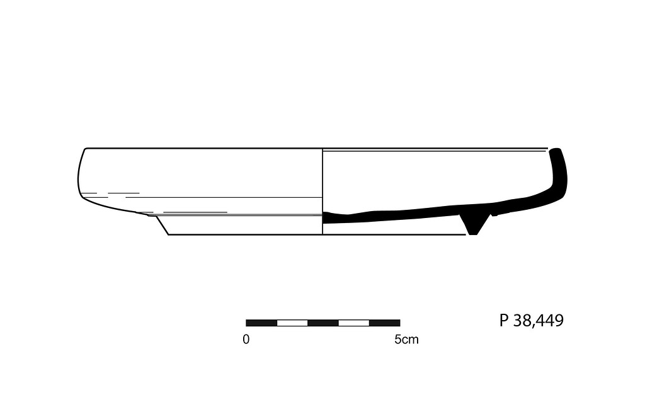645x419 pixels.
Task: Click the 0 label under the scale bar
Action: (x=246, y=340)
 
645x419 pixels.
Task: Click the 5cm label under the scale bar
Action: (x=406, y=340)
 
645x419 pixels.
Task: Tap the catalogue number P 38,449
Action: (x=531, y=321)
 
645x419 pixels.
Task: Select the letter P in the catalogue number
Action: (x=504, y=321)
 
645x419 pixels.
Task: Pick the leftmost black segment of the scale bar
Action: (x=261, y=323)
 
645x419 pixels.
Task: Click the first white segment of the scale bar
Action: (x=292, y=323)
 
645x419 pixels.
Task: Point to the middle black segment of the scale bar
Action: (x=323, y=323)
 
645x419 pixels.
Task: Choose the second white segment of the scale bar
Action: (x=353, y=323)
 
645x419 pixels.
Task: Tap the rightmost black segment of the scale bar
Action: (x=384, y=323)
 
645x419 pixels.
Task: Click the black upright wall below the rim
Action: (x=560, y=176)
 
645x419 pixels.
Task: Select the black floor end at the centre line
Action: (x=326, y=217)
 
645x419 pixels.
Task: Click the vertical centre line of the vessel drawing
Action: (x=322, y=189)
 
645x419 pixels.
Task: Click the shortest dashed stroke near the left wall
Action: (x=90, y=193)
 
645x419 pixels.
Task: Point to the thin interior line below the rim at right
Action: (x=435, y=152)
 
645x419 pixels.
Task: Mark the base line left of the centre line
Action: (x=246, y=235)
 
